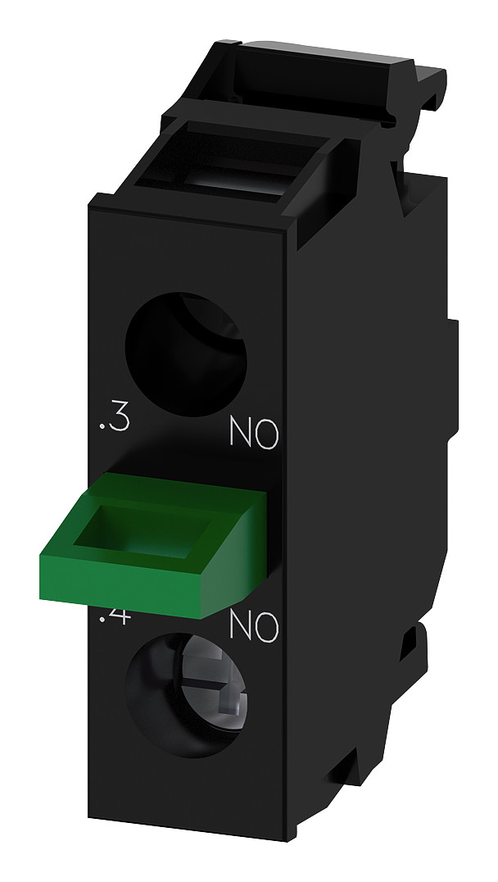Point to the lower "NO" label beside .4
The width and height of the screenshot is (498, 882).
click(x=254, y=627)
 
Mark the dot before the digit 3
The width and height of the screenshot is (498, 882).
click(x=102, y=430)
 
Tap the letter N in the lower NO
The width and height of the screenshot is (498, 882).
click(x=241, y=627)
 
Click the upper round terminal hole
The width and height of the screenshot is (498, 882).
click(x=186, y=344)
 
